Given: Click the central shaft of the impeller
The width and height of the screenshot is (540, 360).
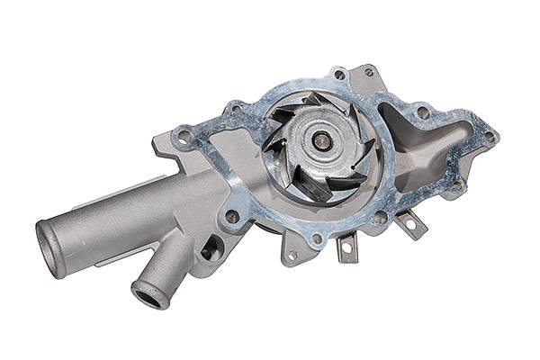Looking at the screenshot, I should tap(320, 139).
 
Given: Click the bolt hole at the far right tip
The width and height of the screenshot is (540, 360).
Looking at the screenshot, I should tap(490, 137).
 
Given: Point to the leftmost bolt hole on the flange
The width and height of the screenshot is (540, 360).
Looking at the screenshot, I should tap(184, 137).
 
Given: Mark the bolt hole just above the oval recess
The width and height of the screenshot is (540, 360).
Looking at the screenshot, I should tap(232, 216).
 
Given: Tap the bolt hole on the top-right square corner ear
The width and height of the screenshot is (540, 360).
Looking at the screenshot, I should tap(368, 72).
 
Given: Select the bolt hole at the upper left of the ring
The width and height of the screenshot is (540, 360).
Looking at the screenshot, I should tap(236, 111).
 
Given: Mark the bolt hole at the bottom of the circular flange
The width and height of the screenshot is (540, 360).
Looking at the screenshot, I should tap(316, 239).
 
